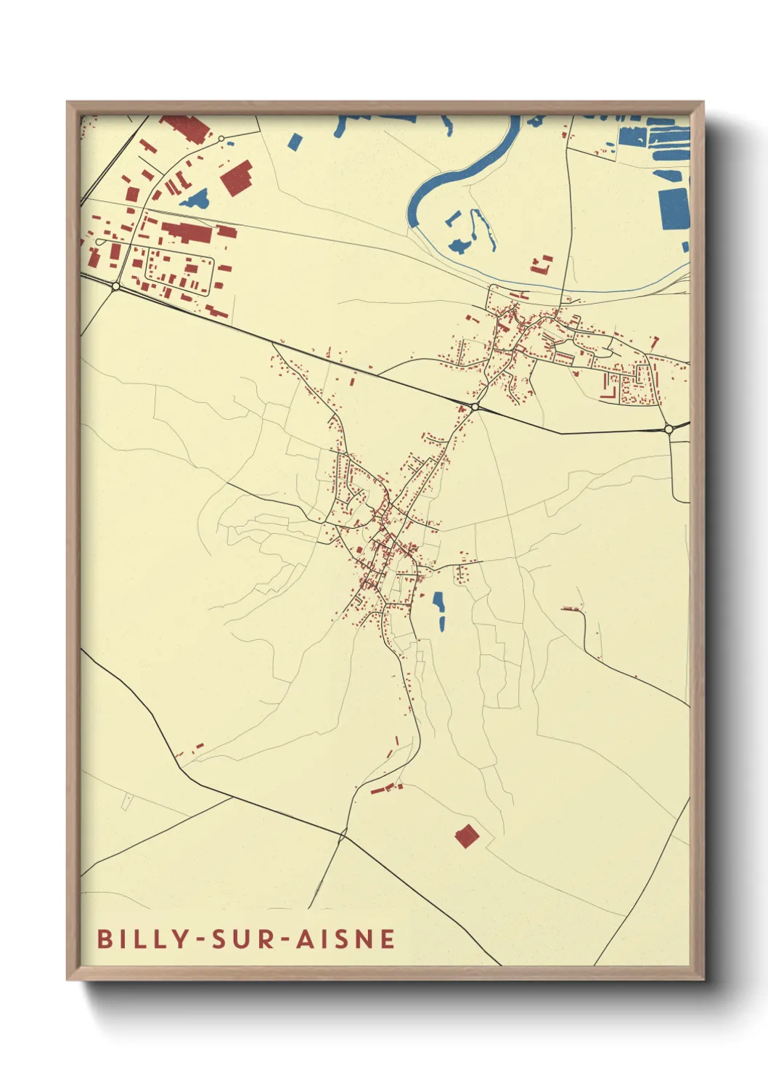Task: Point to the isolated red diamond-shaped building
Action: (467, 836)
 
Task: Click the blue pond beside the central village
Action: (438, 609)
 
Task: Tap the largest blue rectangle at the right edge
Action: (674, 208)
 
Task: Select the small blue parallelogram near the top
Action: (294, 140)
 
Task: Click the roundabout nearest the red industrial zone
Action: (116, 286)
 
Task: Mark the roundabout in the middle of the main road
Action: (474, 406)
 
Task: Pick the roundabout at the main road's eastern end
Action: (668, 429)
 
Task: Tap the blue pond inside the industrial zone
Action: (195, 198)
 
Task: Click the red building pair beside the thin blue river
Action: (541, 264)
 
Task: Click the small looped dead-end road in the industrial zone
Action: (99, 241)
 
